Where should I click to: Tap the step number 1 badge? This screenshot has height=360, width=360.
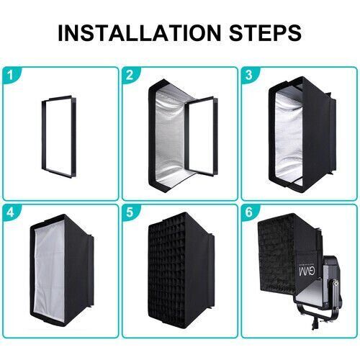(9, 75)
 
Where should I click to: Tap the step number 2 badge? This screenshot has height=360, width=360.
(130, 75)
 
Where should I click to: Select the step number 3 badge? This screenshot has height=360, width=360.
(249, 75)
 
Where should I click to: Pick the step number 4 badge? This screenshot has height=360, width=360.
(9, 212)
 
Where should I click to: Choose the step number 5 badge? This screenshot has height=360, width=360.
(130, 212)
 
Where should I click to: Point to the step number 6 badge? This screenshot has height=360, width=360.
(249, 212)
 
